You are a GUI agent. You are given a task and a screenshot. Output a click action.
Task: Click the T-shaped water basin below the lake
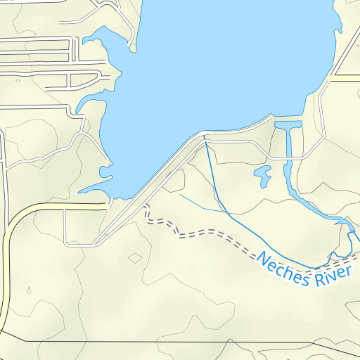289,127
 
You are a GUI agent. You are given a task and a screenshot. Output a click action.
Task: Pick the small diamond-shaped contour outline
135,258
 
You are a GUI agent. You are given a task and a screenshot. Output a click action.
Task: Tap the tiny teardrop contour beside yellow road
29,290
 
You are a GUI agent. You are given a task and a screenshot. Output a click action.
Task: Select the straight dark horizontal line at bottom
176,342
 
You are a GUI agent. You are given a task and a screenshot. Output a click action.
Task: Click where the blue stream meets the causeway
205,138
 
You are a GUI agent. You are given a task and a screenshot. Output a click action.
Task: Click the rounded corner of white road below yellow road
69,243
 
